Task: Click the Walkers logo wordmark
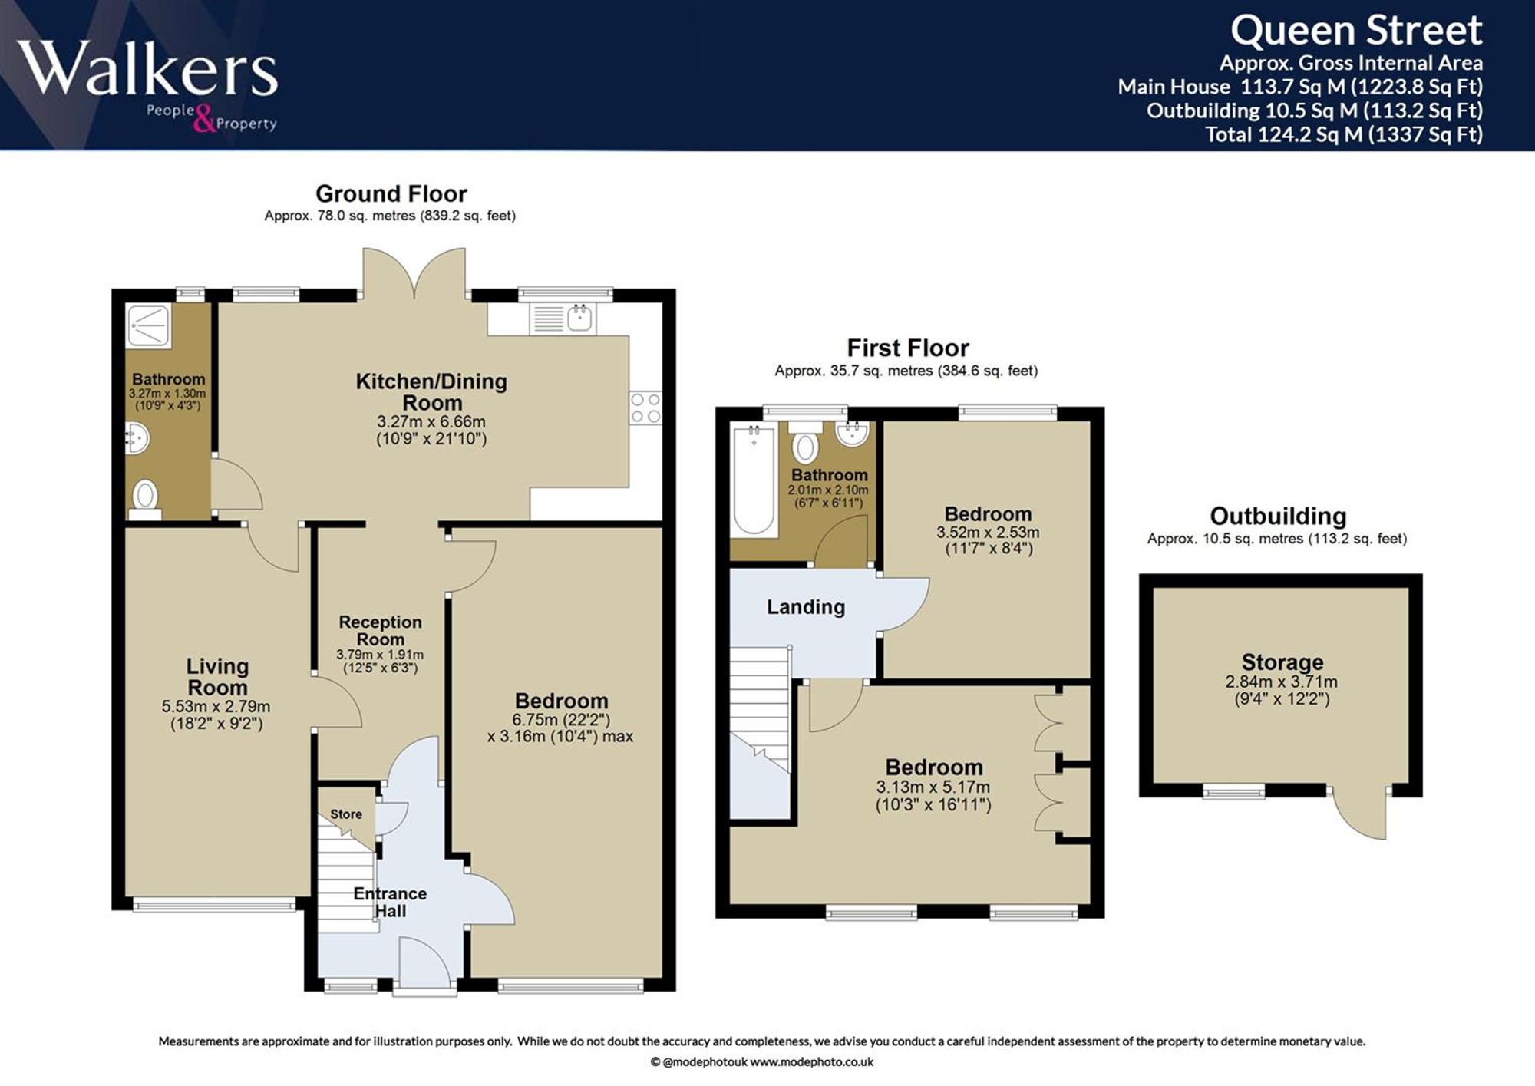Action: pos(147,68)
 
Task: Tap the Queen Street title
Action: pos(1356,31)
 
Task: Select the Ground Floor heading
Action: pos(391,193)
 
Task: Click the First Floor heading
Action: pos(907,348)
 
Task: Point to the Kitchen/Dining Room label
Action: pos(431,391)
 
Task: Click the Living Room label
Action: pos(217,676)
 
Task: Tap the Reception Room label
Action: pos(380,630)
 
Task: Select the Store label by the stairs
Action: pos(346,814)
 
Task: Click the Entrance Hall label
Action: pos(390,902)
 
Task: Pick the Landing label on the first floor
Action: pos(806,607)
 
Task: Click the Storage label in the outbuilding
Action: pos(1282,662)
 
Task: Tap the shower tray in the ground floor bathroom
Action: pos(149,325)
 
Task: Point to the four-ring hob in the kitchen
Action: pos(645,408)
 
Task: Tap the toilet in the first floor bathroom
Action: pos(805,441)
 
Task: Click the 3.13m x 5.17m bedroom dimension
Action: pos(933,787)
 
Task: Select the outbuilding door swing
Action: pos(1362,814)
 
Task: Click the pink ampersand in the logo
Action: pos(205,119)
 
